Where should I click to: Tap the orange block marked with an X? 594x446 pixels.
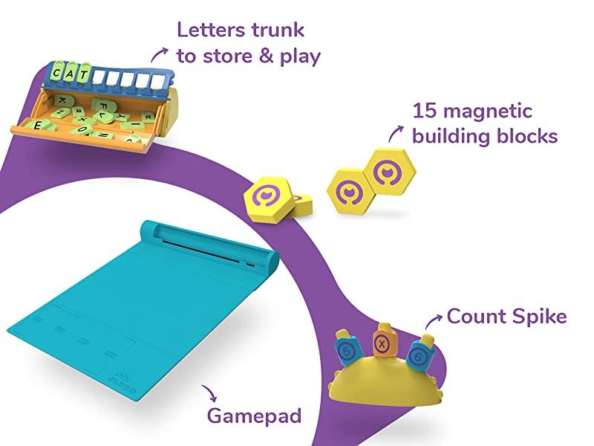[x=383, y=343]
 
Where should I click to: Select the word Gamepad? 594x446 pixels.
[x=254, y=415]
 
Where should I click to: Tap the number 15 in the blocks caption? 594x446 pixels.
[x=425, y=111]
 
